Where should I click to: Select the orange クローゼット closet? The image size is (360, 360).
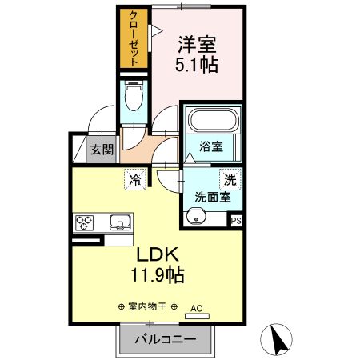134,38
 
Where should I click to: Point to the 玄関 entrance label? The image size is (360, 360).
101,149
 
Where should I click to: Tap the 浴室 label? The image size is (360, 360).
211,147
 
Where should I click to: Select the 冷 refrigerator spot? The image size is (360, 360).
135,179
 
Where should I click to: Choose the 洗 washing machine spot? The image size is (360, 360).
230,180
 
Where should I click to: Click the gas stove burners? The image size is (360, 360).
86,221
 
